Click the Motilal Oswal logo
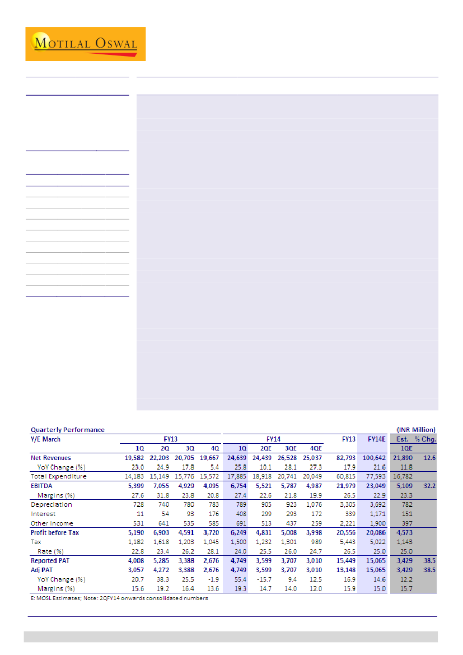coord(85,44)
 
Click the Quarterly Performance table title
coord(67,430)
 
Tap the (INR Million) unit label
coord(415,430)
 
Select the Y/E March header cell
coord(45,439)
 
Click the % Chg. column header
coord(425,439)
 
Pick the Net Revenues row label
coord(50,458)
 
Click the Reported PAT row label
coord(49,560)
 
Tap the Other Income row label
coord(52,523)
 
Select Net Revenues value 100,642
coord(373,458)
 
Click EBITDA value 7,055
coord(162,486)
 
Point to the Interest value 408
coord(241,514)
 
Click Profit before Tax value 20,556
coord(344,532)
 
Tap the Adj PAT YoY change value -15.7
coord(264,579)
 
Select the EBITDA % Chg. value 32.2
coord(429,486)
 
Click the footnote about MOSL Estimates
coord(119,598)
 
